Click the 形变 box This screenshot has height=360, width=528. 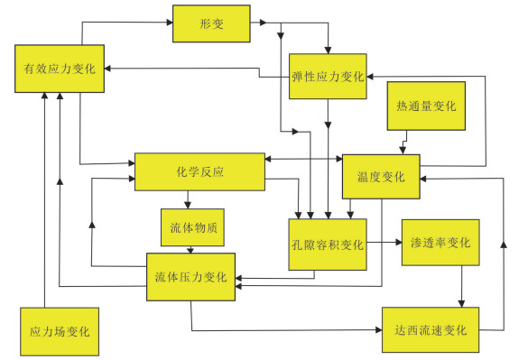[211, 23]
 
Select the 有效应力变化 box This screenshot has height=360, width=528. [60, 69]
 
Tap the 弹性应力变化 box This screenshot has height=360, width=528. [328, 77]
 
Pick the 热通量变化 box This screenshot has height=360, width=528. [426, 106]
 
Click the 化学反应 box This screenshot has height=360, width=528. [199, 171]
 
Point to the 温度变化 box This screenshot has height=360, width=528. [381, 177]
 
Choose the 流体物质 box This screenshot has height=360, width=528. [192, 227]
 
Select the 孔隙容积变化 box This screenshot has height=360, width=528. [328, 245]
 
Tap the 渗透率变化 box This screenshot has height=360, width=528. [440, 243]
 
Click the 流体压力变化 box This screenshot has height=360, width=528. [190, 277]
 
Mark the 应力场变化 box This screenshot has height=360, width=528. [60, 332]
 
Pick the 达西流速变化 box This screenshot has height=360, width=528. [431, 330]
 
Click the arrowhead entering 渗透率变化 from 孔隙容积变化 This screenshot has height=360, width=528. [399, 242]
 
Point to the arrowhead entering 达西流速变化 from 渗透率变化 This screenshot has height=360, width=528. [461, 304]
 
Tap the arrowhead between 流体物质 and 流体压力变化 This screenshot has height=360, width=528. [190, 251]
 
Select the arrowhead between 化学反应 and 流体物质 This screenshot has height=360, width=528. [188, 205]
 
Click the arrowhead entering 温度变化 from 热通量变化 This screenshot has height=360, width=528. [402, 151]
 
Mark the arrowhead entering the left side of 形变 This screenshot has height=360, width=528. [170, 23]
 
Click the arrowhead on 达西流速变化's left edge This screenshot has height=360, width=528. [379, 330]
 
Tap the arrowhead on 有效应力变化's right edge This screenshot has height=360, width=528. [107, 69]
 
